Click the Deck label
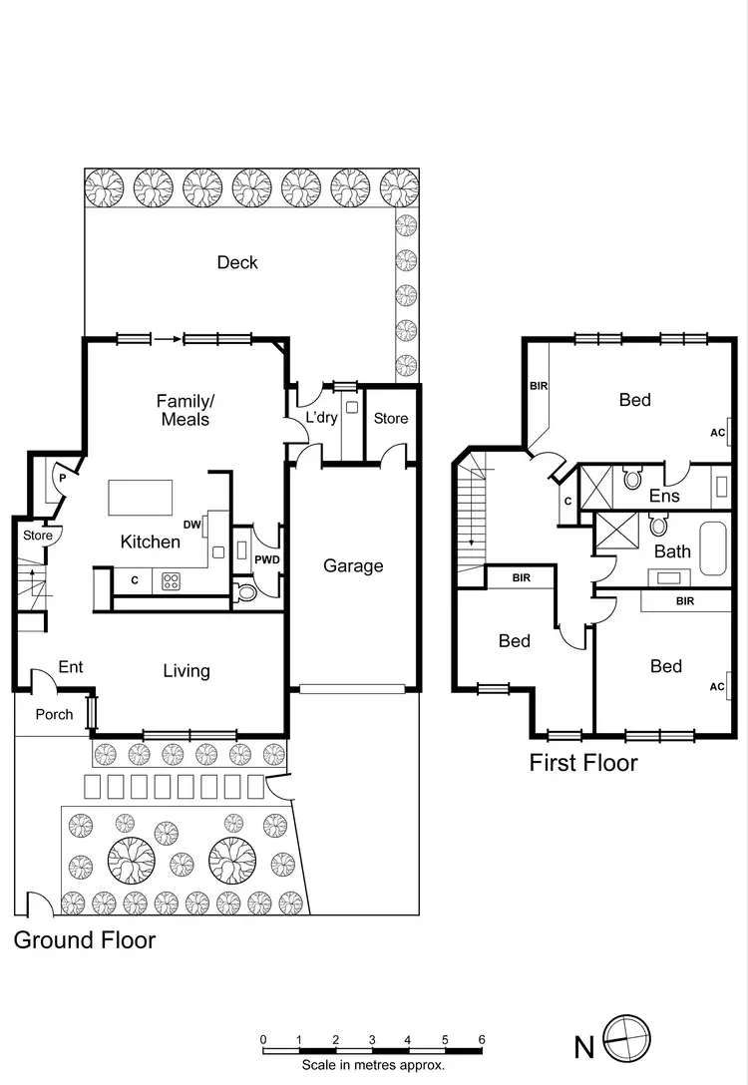[x=237, y=262]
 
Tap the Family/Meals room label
[x=186, y=410]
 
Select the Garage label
[x=353, y=565]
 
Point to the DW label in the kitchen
[x=192, y=525]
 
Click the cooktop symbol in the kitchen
[x=172, y=580]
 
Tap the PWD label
[x=266, y=560]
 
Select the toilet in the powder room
[x=246, y=592]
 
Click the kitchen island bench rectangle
[x=140, y=497]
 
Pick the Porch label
[x=54, y=714]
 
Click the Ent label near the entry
[x=70, y=666]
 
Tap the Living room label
[x=187, y=671]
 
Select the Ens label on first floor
[x=664, y=496]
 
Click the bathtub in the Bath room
[x=714, y=547]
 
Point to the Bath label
[x=672, y=550]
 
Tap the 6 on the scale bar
[x=482, y=1039]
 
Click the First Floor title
[x=583, y=764]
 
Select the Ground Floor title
[x=85, y=939]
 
